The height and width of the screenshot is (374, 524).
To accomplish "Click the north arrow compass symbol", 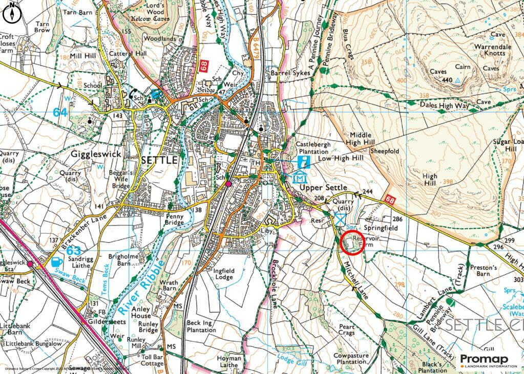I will tap(12, 13).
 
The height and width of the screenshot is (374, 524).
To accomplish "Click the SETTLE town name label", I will tap(159, 160).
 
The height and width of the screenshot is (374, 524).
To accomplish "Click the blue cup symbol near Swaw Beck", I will tap(57, 262).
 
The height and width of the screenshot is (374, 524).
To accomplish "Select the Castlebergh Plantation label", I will tap(312, 148).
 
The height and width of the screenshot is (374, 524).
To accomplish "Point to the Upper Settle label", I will tap(324, 188).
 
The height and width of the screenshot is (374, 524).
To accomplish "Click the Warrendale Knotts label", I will tap(492, 50).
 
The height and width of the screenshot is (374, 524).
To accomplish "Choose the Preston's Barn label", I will tap(484, 271).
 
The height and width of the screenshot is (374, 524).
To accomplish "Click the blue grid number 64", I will tap(60, 112).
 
